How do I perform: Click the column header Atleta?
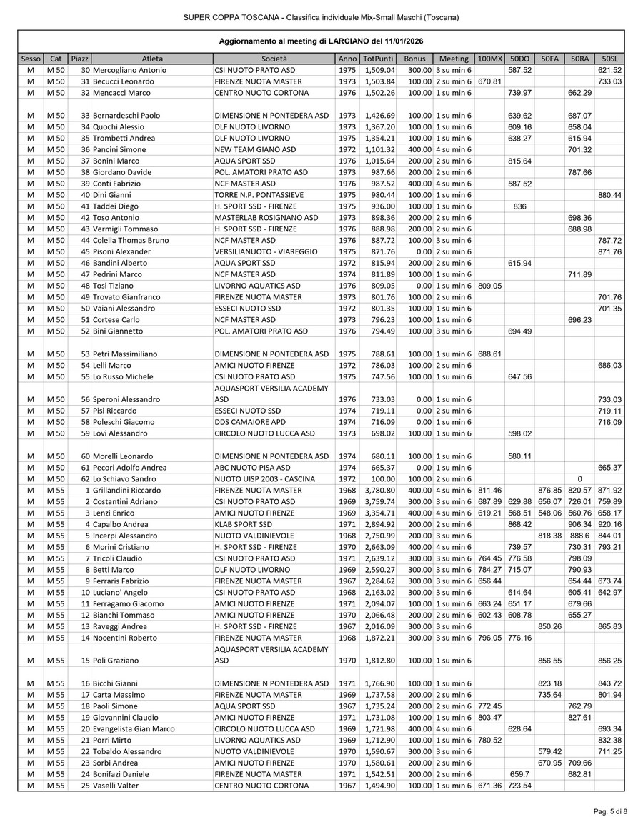[151, 59]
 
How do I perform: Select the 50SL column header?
[609, 59]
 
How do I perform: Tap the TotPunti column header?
[377, 59]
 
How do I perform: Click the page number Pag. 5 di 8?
[610, 811]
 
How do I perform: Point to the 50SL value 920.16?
[609, 524]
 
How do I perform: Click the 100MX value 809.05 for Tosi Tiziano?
[489, 286]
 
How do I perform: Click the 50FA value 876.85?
[550, 491]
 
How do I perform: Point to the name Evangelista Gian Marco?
[134, 728]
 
